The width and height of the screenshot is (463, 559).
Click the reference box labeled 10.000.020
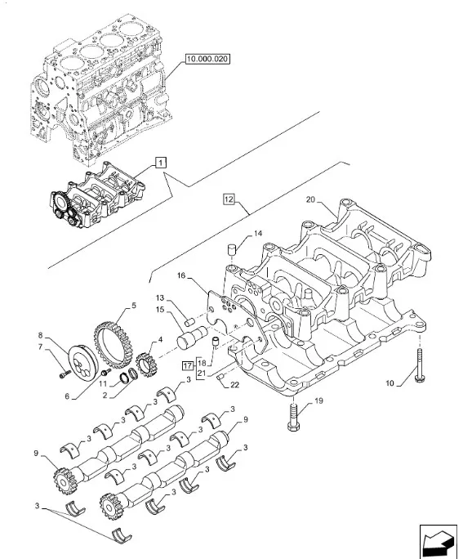point(207,59)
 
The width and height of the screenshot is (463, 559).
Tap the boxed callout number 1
point(161,163)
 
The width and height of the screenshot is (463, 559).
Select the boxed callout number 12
point(229,199)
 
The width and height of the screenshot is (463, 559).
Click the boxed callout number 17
point(188,366)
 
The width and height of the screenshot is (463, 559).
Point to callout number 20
point(311,199)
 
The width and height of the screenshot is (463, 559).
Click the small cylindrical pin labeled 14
point(232,249)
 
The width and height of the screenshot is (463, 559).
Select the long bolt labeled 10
point(419,366)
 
